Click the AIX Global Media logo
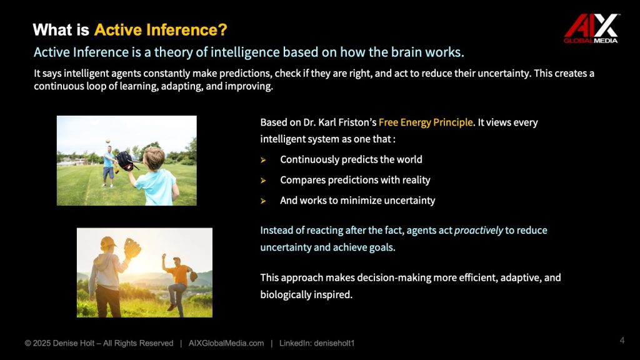click(x=591, y=28)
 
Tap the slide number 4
click(x=622, y=341)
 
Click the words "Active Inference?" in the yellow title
click(x=161, y=30)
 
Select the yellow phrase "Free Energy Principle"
click(x=426, y=122)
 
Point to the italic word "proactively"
click(x=478, y=230)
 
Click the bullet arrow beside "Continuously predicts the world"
click(x=263, y=160)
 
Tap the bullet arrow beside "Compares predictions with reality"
click(x=263, y=181)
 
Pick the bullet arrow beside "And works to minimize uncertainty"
click(x=263, y=201)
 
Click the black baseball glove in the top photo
click(x=125, y=161)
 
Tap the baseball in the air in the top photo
click(x=107, y=141)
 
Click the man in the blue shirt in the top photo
click(x=109, y=167)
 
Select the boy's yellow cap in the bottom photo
click(x=107, y=243)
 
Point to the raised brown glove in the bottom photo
click(x=132, y=248)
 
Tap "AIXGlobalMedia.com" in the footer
click(x=226, y=343)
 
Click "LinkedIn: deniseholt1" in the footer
click(x=317, y=343)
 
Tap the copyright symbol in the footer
click(x=27, y=343)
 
